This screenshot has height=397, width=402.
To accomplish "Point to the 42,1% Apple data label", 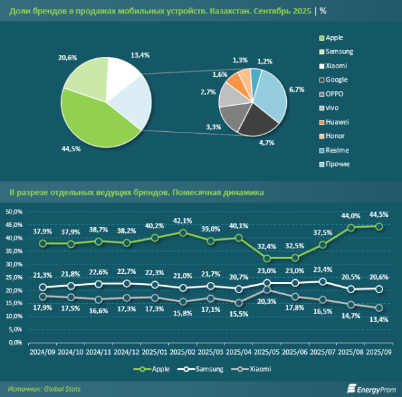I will point(182,220).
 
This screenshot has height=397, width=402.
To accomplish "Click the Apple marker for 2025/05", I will point(267,258).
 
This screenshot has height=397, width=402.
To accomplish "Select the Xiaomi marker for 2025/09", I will point(379,308).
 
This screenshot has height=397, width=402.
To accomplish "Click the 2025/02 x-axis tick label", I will point(183,351).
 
